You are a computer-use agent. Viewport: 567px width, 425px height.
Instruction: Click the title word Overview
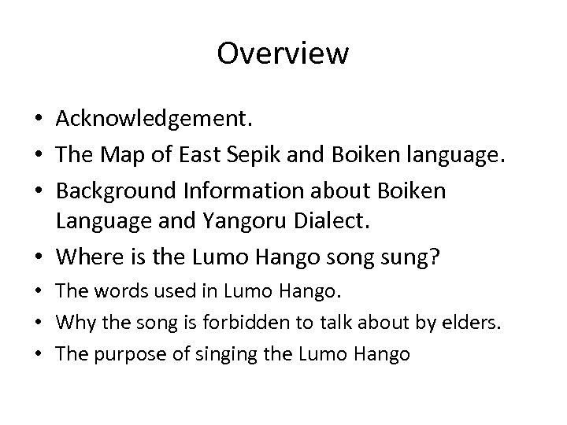(283, 54)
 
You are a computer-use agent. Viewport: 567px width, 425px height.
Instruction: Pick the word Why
(72, 322)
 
